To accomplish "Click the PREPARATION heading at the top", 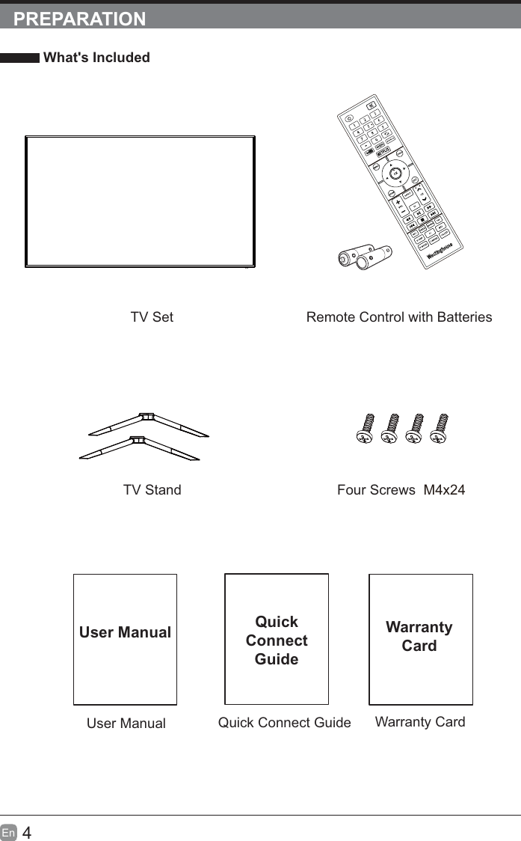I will coord(80,19).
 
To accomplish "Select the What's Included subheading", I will coord(96,58).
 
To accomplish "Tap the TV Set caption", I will coord(152,317).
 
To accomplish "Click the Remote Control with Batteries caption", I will coord(399,317).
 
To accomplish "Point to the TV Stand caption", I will coord(152,490).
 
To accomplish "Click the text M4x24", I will coord(444,490).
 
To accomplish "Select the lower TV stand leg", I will coord(138,448).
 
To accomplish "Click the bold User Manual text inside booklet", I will coord(125,632).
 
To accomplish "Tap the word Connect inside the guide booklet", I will coord(277,640).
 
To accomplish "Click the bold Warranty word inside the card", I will coord(419,627).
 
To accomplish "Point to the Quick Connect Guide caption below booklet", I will coord(284,723).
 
